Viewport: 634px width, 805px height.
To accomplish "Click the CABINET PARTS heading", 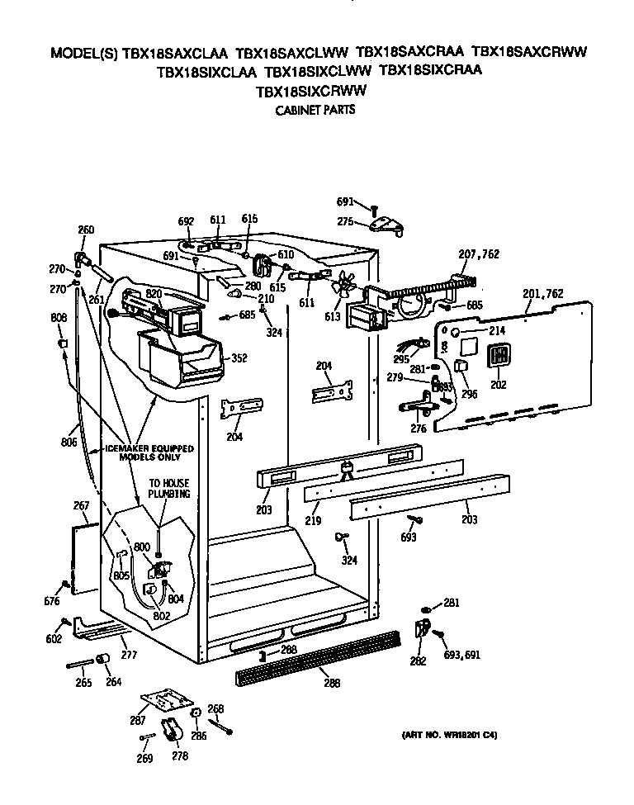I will tap(315, 109).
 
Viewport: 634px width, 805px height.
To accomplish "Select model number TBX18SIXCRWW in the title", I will tap(312, 91).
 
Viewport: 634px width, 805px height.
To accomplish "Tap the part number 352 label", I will tap(239, 358).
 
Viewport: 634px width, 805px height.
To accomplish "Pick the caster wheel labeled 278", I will tap(173, 729).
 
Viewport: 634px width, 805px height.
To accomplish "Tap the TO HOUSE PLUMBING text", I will tap(169, 488).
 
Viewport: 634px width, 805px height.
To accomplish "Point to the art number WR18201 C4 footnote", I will tap(450, 735).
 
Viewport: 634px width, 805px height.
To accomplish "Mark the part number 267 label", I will tap(81, 505).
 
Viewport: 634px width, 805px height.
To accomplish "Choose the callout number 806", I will tap(69, 443).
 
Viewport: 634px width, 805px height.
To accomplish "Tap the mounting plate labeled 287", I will tap(166, 701).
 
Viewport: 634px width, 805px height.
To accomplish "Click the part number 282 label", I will tap(419, 661).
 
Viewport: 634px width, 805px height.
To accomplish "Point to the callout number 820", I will tap(154, 294).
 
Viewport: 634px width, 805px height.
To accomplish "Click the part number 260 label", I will tap(86, 230).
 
